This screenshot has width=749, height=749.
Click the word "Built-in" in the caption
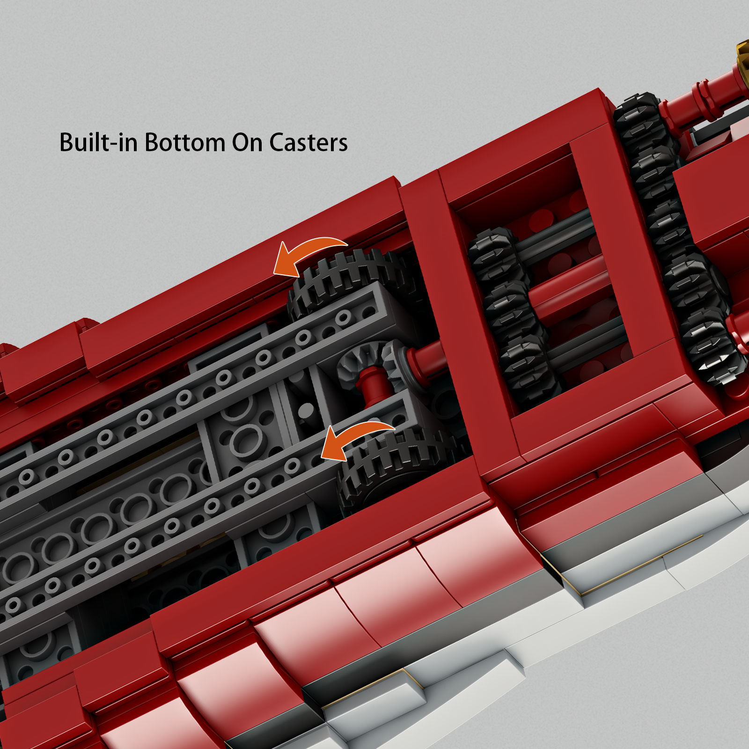[98, 142]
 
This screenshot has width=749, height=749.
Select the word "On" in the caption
[247, 142]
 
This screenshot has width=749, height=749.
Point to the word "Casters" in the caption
[308, 142]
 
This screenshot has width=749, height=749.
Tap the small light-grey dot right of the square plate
[306, 411]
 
